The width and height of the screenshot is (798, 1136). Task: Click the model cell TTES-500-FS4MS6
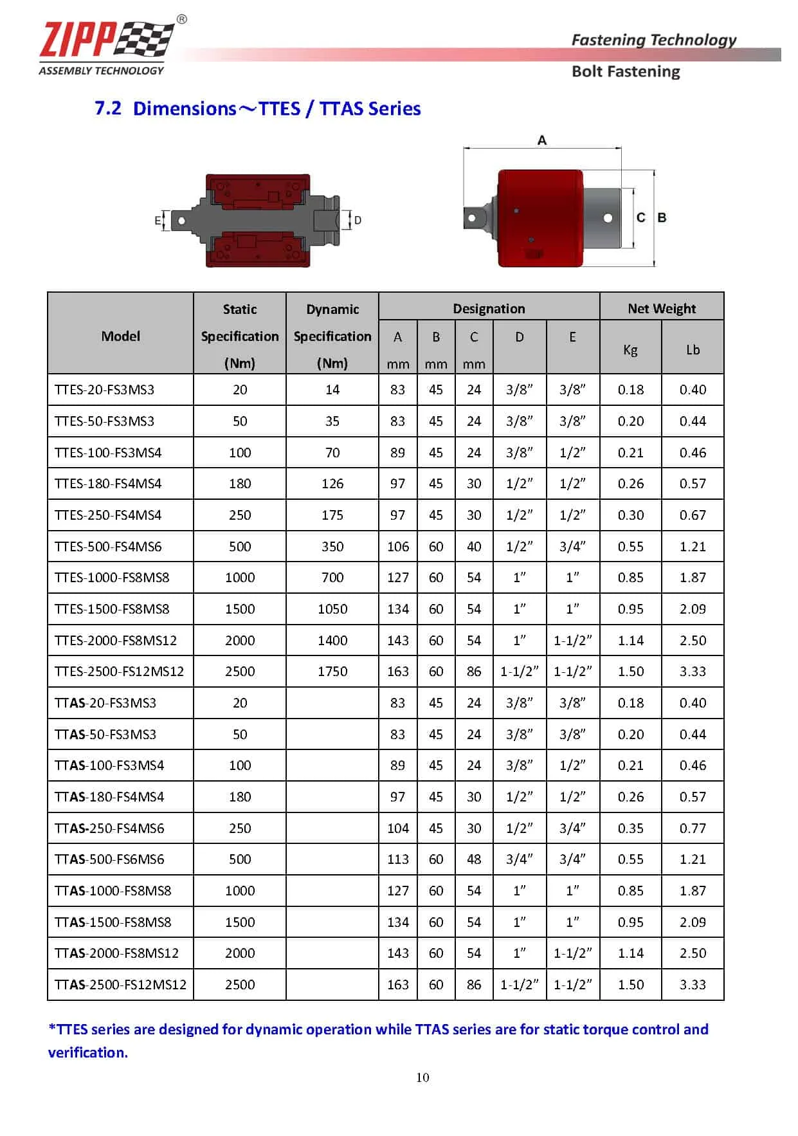(108, 547)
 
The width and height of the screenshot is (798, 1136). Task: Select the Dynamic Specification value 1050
(332, 609)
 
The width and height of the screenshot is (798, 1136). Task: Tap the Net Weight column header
(662, 309)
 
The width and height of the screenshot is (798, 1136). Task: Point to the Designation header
(489, 309)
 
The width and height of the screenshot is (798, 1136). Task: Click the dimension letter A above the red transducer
(542, 140)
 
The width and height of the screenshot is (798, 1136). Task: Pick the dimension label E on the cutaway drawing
(158, 221)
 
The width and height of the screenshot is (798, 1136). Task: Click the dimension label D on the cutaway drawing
(358, 221)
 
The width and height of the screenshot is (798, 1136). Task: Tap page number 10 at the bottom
(422, 1077)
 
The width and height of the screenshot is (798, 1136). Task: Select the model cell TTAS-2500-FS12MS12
(120, 985)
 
